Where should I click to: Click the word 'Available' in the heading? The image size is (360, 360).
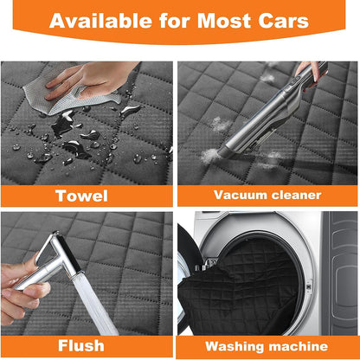pos(104,21)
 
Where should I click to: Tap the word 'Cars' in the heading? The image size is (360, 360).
pos(281,21)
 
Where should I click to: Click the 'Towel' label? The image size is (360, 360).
pos(81,195)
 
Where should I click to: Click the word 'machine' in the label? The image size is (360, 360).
pos(296,347)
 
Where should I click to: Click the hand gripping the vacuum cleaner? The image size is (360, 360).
pos(308,71)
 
